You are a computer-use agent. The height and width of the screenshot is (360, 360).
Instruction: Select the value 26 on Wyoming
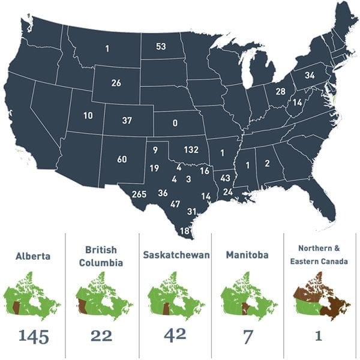pyautogui.click(x=116, y=83)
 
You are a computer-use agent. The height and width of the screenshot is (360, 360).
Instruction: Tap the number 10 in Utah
pyautogui.click(x=88, y=115)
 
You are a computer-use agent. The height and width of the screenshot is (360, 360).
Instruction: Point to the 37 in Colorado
pyautogui.click(x=127, y=121)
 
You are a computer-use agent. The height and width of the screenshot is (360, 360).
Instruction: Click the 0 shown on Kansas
pyautogui.click(x=175, y=123)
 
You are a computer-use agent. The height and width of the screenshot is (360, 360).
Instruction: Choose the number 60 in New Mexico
pyautogui.click(x=122, y=159)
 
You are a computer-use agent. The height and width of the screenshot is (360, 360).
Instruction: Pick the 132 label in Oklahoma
pyautogui.click(x=191, y=149)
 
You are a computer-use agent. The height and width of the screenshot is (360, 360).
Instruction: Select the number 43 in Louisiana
pyautogui.click(x=225, y=178)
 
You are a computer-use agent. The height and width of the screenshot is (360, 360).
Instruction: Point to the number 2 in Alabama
pyautogui.click(x=267, y=164)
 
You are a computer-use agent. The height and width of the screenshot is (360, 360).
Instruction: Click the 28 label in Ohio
pyautogui.click(x=280, y=91)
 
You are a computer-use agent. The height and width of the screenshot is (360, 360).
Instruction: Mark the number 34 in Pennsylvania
pyautogui.click(x=310, y=76)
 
